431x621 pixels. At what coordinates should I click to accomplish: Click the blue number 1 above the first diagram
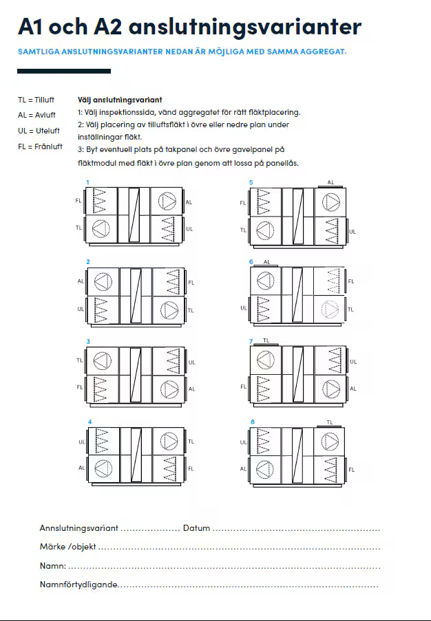tap(87, 182)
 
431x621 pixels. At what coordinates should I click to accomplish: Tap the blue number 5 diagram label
tap(251, 182)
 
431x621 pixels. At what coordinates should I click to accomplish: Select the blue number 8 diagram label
tap(252, 422)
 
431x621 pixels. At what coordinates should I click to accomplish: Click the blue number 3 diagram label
tap(88, 342)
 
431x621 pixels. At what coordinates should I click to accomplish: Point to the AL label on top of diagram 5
tap(330, 182)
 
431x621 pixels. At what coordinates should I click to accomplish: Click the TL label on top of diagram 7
tap(266, 340)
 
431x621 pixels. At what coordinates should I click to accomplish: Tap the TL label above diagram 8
tap(330, 422)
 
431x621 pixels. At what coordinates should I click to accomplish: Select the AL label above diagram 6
tap(266, 262)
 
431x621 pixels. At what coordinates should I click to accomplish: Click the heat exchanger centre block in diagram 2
tap(136, 295)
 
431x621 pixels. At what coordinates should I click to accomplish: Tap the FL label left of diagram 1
tap(78, 201)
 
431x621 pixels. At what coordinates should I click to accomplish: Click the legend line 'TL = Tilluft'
tap(36, 100)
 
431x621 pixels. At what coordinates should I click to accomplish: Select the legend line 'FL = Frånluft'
tap(40, 146)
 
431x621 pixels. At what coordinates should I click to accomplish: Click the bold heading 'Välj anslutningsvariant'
tap(120, 100)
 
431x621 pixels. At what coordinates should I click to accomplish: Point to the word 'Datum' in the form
tap(196, 528)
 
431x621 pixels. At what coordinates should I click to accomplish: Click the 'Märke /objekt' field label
tap(68, 547)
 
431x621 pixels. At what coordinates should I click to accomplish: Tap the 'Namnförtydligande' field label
tap(79, 585)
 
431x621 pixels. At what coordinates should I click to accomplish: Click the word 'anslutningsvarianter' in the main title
tap(244, 27)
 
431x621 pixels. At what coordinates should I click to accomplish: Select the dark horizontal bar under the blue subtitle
tap(64, 71)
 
